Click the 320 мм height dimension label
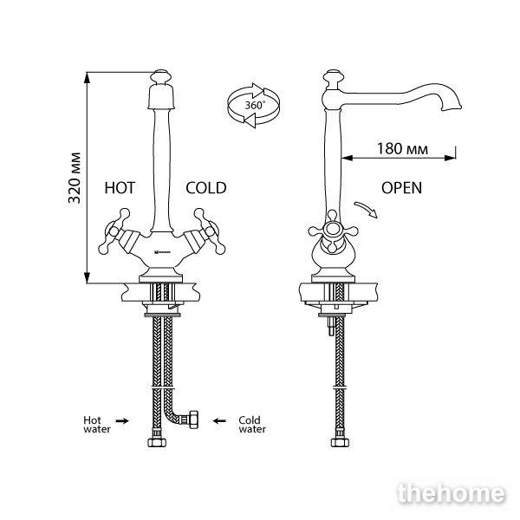[75, 178]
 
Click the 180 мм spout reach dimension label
[402, 148]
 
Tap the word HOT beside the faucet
[120, 188]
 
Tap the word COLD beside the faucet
[206, 188]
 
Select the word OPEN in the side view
[401, 188]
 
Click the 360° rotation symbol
[254, 105]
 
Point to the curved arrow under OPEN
[366, 209]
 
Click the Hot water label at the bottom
[96, 425]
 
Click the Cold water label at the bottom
[252, 425]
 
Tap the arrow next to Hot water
[122, 421]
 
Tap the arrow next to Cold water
[219, 421]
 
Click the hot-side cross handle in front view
[114, 231]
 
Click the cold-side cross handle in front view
[210, 231]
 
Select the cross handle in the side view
[333, 231]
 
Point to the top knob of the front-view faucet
[160, 76]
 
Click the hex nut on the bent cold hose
[193, 419]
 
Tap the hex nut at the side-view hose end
[340, 443]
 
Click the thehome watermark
[452, 493]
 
